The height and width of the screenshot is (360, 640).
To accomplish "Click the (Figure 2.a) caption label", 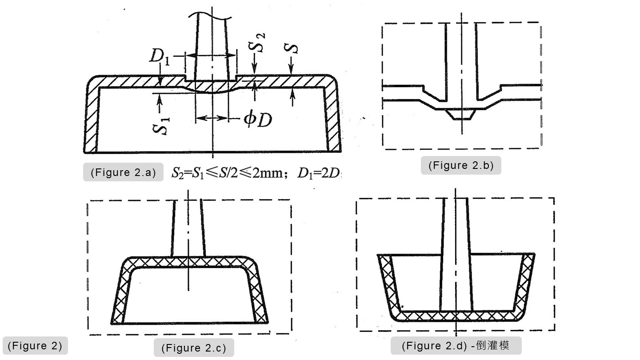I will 123,172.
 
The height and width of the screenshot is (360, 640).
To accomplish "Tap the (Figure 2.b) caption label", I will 461,165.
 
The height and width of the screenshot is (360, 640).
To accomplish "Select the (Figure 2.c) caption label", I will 193,348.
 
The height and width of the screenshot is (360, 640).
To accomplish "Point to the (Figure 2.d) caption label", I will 455,345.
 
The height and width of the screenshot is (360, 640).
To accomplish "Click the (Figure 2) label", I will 35,345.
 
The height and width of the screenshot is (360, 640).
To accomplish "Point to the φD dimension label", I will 257,120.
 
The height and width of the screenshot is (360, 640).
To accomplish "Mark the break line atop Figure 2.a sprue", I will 211,16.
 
